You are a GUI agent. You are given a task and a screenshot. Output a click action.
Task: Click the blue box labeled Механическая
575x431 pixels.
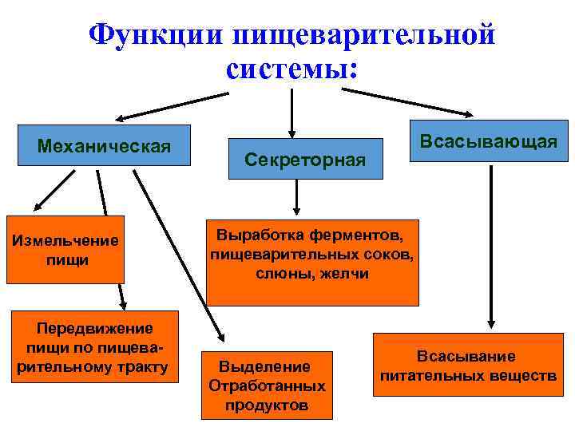[105, 145]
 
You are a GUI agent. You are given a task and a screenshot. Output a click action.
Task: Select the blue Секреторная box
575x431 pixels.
[306, 160]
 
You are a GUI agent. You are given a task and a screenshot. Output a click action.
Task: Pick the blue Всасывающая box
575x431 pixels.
[488, 141]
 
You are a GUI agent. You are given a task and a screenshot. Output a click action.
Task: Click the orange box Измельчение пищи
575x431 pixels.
[65, 249]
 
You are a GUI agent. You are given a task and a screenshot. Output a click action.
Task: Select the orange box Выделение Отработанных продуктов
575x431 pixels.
[267, 386]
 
